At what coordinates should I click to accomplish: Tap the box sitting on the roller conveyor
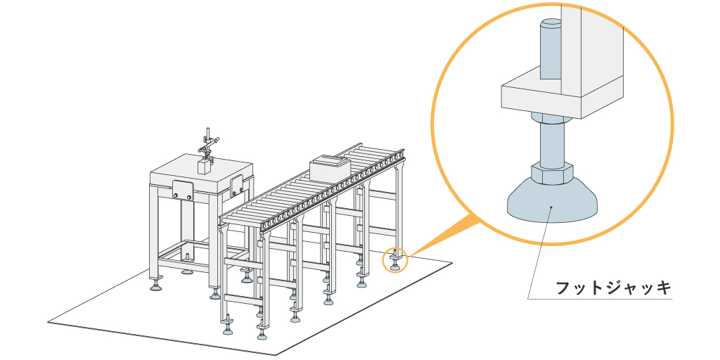[x=330, y=169]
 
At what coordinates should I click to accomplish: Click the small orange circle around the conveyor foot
[x=394, y=261]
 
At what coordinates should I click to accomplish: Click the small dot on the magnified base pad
[x=552, y=207]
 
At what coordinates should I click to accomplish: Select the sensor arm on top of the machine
[x=209, y=144]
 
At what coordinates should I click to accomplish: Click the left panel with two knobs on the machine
[x=184, y=189]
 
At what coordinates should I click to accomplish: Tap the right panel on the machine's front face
[x=237, y=185]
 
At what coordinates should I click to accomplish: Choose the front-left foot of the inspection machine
[x=156, y=284]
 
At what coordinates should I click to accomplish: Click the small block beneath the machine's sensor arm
[x=205, y=166]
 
